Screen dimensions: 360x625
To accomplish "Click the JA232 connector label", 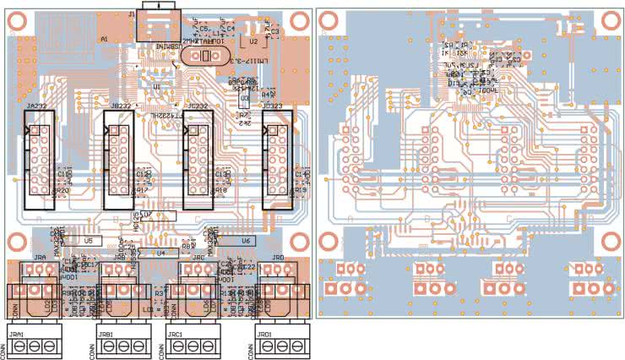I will (36, 106).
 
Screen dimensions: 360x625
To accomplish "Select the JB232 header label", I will (117, 106).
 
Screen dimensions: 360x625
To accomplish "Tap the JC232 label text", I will (198, 106).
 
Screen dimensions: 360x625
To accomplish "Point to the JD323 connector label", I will (275, 106).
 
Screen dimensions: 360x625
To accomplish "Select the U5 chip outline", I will (89, 241).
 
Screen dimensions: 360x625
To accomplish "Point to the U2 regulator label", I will (254, 40).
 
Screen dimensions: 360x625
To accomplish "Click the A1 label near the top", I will (104, 40).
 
